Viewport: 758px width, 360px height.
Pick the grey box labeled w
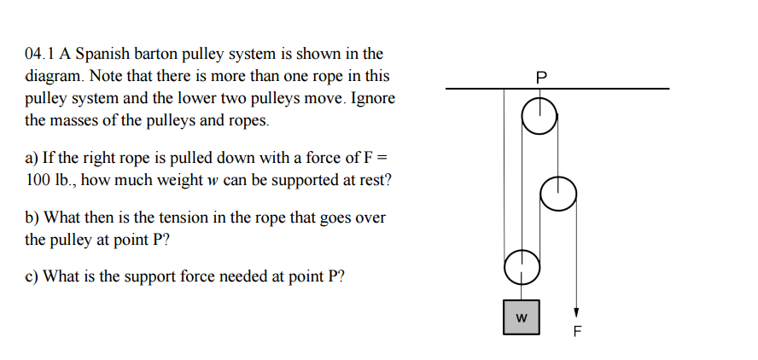tap(521, 317)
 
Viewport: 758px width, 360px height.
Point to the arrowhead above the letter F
tap(576, 312)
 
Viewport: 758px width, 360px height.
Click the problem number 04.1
tap(41, 54)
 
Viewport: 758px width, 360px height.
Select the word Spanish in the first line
tap(102, 54)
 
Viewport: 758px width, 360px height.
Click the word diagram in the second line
tap(52, 76)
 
